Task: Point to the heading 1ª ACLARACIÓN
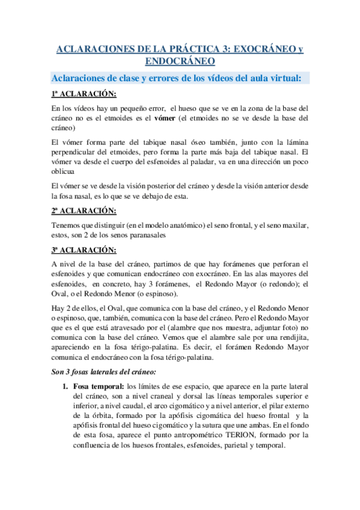coord(84,94)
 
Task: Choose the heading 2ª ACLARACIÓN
coord(84,211)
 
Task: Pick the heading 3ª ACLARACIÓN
coord(84,249)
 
